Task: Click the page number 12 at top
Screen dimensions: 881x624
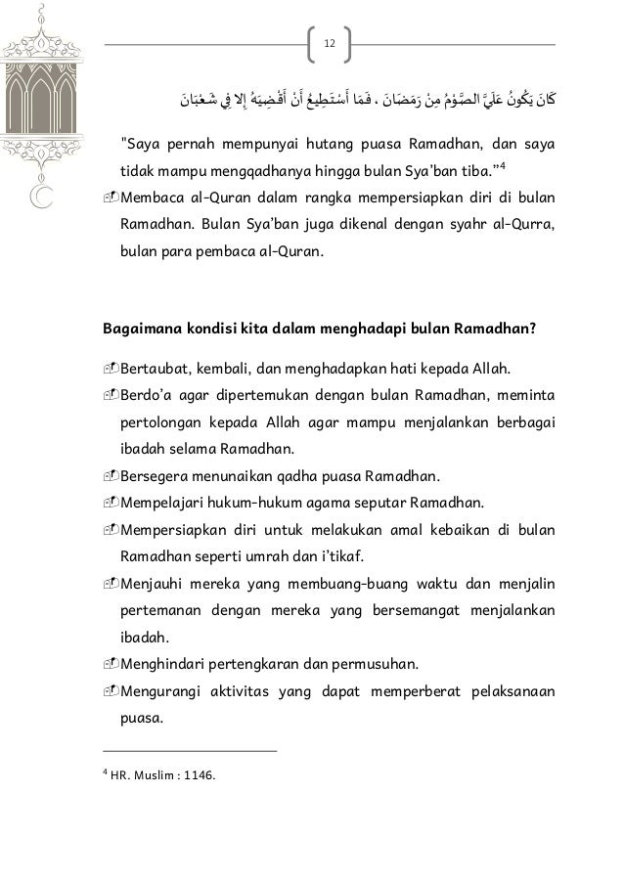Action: click(x=329, y=43)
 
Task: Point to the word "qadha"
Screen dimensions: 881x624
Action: click(x=320, y=477)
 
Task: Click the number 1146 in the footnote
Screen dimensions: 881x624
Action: click(x=199, y=776)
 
